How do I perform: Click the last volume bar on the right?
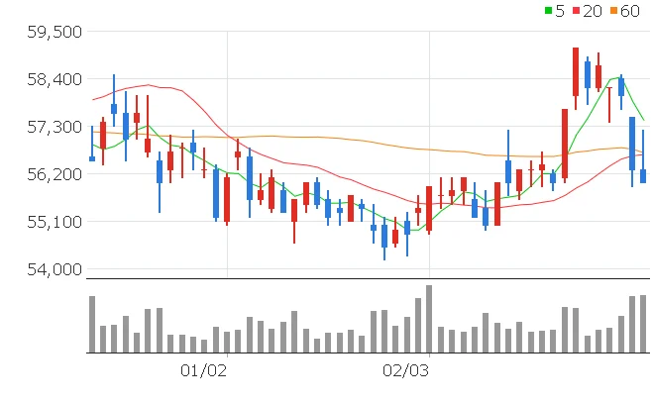click(x=642, y=324)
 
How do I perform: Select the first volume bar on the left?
click(x=92, y=324)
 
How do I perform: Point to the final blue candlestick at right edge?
click(x=642, y=176)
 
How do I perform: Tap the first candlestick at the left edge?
click(x=92, y=157)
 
